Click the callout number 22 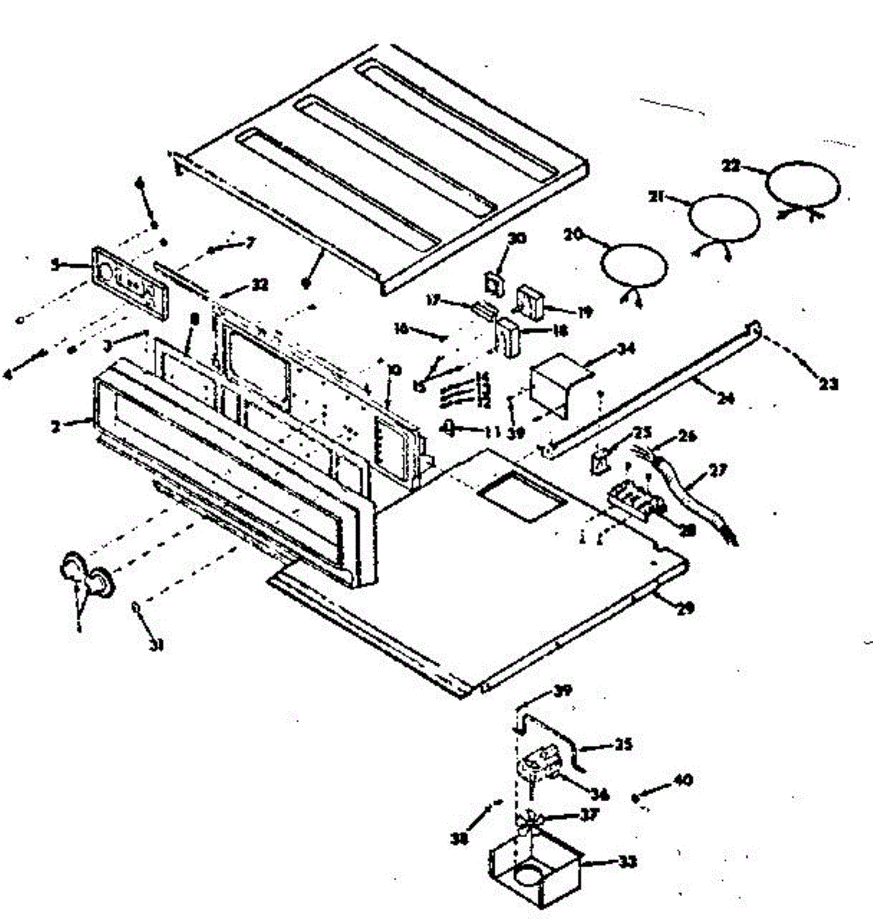pyautogui.click(x=732, y=165)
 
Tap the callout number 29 pyautogui.click(x=685, y=609)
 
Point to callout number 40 pyautogui.click(x=682, y=780)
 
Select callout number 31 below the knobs pyautogui.click(x=157, y=645)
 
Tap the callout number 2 pyautogui.click(x=56, y=426)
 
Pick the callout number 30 pyautogui.click(x=517, y=238)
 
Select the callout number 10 pyautogui.click(x=394, y=370)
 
